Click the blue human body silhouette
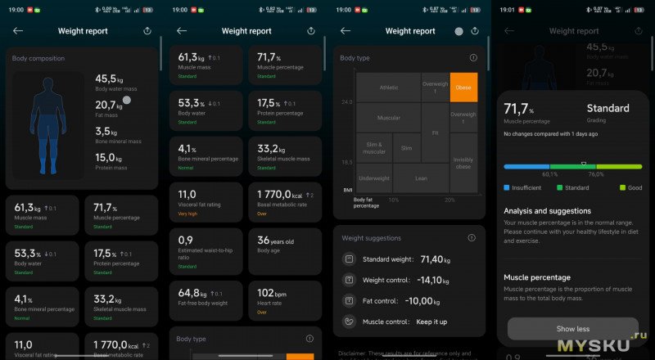(48, 124)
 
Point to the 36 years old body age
(275, 241)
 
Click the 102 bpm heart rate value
(271, 292)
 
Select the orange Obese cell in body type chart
(463, 87)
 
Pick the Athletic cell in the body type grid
(388, 87)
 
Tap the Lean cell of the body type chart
(421, 178)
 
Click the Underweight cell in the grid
(374, 178)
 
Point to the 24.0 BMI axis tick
(346, 102)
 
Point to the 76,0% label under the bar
(595, 173)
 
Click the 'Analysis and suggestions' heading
(548, 210)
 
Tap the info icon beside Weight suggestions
(472, 237)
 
